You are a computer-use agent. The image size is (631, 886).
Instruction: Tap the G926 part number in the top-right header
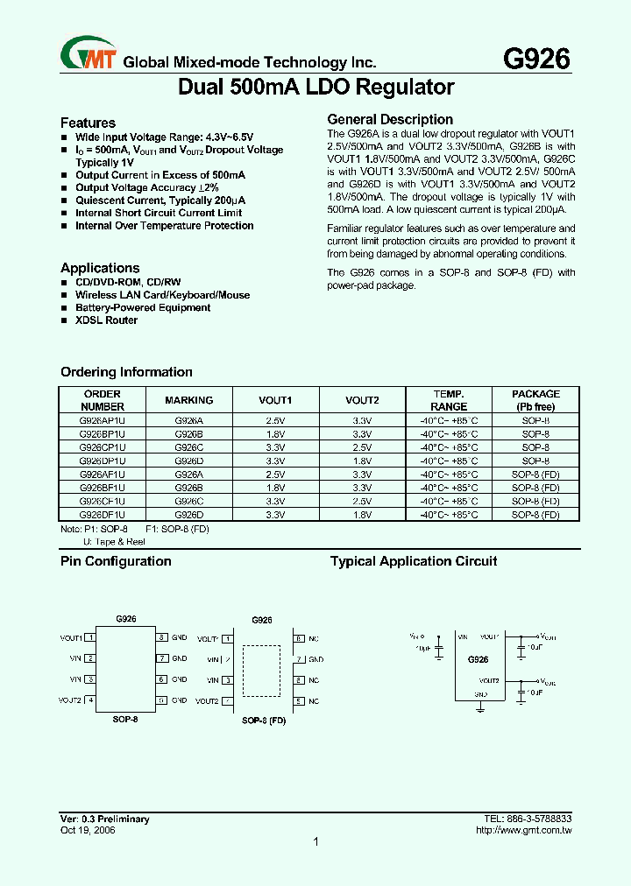535,59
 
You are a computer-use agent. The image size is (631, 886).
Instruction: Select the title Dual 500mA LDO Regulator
316,88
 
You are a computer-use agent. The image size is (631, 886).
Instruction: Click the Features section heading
88,123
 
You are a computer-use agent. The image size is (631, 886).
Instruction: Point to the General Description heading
390,119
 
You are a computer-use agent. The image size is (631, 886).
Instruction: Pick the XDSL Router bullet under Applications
106,320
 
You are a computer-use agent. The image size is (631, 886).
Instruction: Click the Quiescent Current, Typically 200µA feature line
160,200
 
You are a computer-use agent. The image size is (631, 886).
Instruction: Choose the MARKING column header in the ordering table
188,400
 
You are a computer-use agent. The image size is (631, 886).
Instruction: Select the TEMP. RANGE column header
449,400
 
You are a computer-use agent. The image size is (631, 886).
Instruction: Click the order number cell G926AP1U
103,421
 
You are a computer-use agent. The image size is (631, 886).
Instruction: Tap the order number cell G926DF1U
103,515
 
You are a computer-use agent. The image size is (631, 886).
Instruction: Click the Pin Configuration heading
116,561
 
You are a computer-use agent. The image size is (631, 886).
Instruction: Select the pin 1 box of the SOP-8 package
90,637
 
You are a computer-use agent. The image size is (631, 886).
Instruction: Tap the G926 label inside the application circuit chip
478,659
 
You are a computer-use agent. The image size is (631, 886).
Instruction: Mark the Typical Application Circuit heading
413,561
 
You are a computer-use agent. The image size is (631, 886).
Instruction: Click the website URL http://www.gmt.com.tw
523,830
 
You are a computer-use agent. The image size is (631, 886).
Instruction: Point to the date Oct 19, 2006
88,830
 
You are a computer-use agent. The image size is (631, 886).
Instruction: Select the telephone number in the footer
528,819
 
